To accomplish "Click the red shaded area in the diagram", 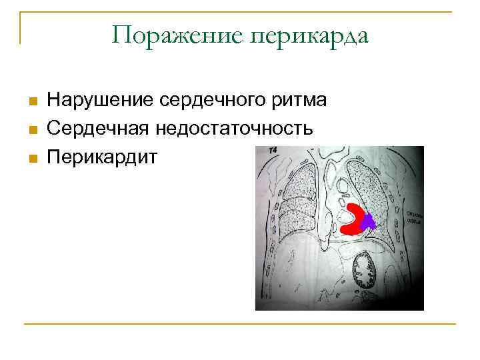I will click(353, 227).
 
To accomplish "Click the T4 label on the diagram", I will click(273, 151).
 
